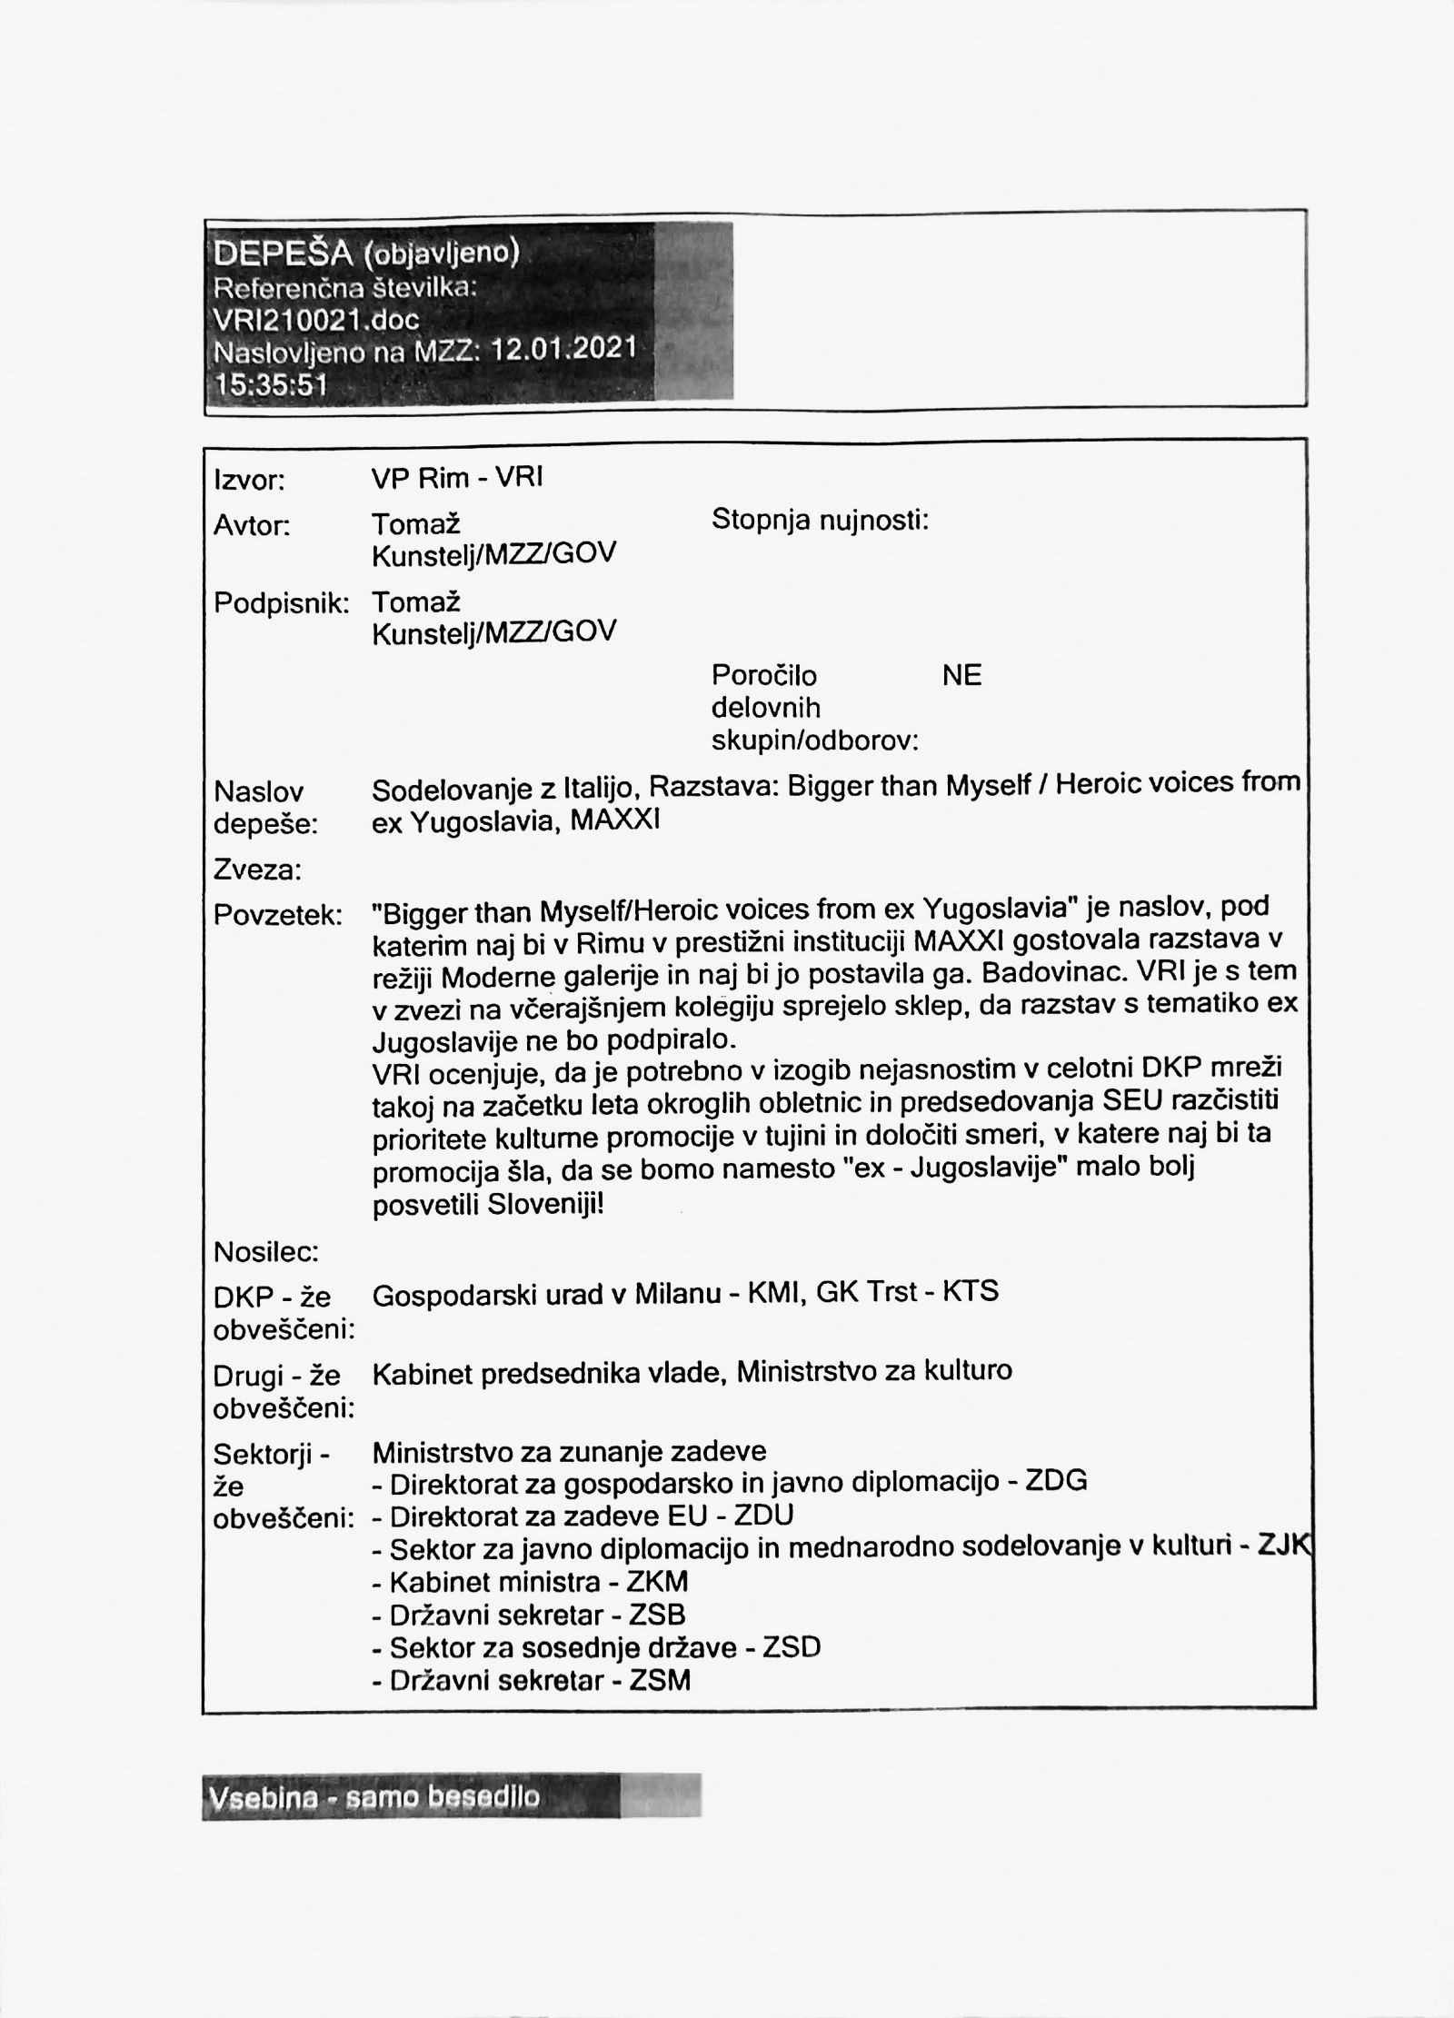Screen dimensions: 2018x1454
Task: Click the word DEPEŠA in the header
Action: [x=283, y=254]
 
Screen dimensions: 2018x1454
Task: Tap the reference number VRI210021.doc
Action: [x=315, y=319]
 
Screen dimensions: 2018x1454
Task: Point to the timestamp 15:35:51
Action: [x=270, y=384]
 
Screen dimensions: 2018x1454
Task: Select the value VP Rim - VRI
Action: [x=457, y=478]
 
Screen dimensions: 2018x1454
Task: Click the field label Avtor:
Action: [x=252, y=525]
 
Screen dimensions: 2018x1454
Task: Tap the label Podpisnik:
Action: [x=281, y=603]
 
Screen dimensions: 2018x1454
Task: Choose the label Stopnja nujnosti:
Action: [x=820, y=521]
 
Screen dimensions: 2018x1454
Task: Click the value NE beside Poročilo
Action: [x=962, y=676]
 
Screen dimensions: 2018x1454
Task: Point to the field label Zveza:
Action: [x=257, y=871]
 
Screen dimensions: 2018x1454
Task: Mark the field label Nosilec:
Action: [x=265, y=1253]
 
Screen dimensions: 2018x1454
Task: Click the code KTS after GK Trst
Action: [x=971, y=1291]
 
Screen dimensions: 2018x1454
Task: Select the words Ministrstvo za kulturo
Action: [x=873, y=1371]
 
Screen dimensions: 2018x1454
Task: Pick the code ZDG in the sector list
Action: [x=1056, y=1481]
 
